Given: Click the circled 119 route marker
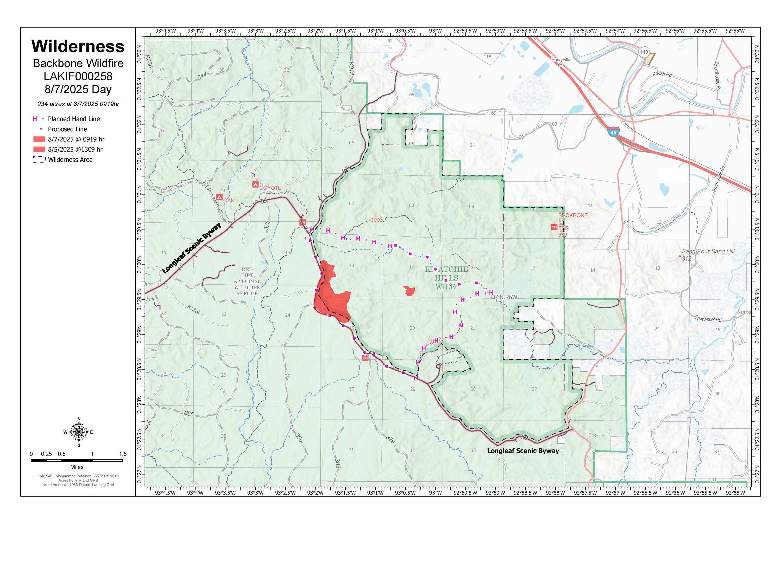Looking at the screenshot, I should [644, 52].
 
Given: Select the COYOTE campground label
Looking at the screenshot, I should [270, 188].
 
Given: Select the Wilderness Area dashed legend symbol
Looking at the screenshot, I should [39, 160].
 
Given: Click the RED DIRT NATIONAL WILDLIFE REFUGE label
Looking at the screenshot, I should [247, 282].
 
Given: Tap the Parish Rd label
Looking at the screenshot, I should [662, 74].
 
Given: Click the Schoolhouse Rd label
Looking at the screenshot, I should [717, 76].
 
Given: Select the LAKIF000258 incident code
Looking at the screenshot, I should [78, 76].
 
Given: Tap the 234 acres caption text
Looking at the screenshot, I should [78, 104].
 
